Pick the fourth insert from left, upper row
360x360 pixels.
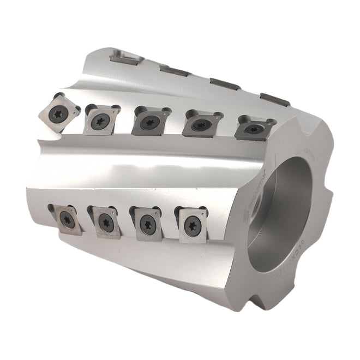click(x=200, y=125)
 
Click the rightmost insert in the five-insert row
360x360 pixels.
click(x=253, y=129)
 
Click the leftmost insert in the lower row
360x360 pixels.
click(x=68, y=219)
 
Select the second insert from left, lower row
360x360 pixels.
click(x=106, y=221)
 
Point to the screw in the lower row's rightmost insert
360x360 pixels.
click(x=192, y=225)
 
